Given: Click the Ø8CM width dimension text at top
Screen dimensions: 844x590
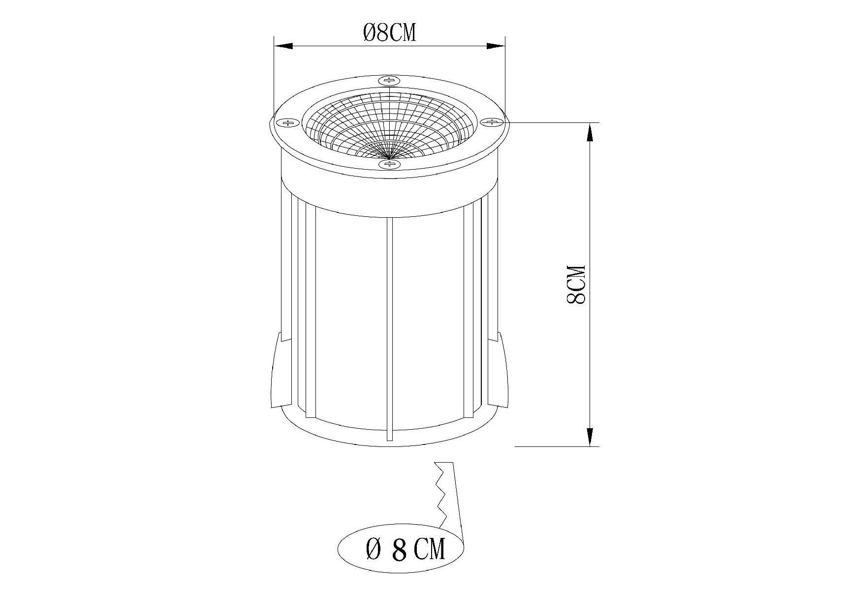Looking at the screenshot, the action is pos(389,33).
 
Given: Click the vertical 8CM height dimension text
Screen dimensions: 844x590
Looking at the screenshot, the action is pos(576,285).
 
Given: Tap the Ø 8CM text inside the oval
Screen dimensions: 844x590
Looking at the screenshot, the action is pos(406,549).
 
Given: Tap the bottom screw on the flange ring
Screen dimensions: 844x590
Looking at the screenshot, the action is pos(389,164).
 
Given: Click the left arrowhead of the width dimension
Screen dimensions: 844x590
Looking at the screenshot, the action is pos(283,46).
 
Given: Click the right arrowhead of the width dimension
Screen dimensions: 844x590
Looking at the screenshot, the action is pos(496,46).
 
